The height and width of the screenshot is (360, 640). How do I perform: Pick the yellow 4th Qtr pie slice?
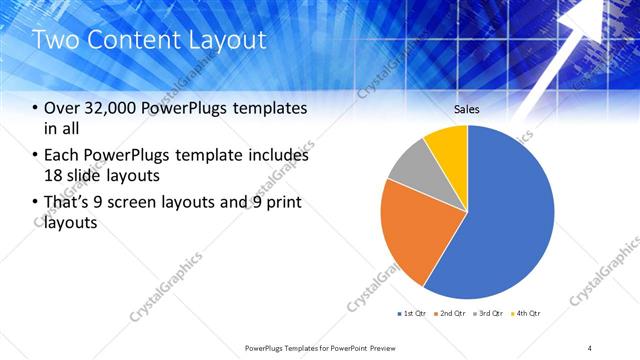(447, 145)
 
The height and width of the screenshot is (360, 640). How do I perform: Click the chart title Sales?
(467, 108)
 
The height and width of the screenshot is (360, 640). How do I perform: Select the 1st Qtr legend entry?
(411, 314)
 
